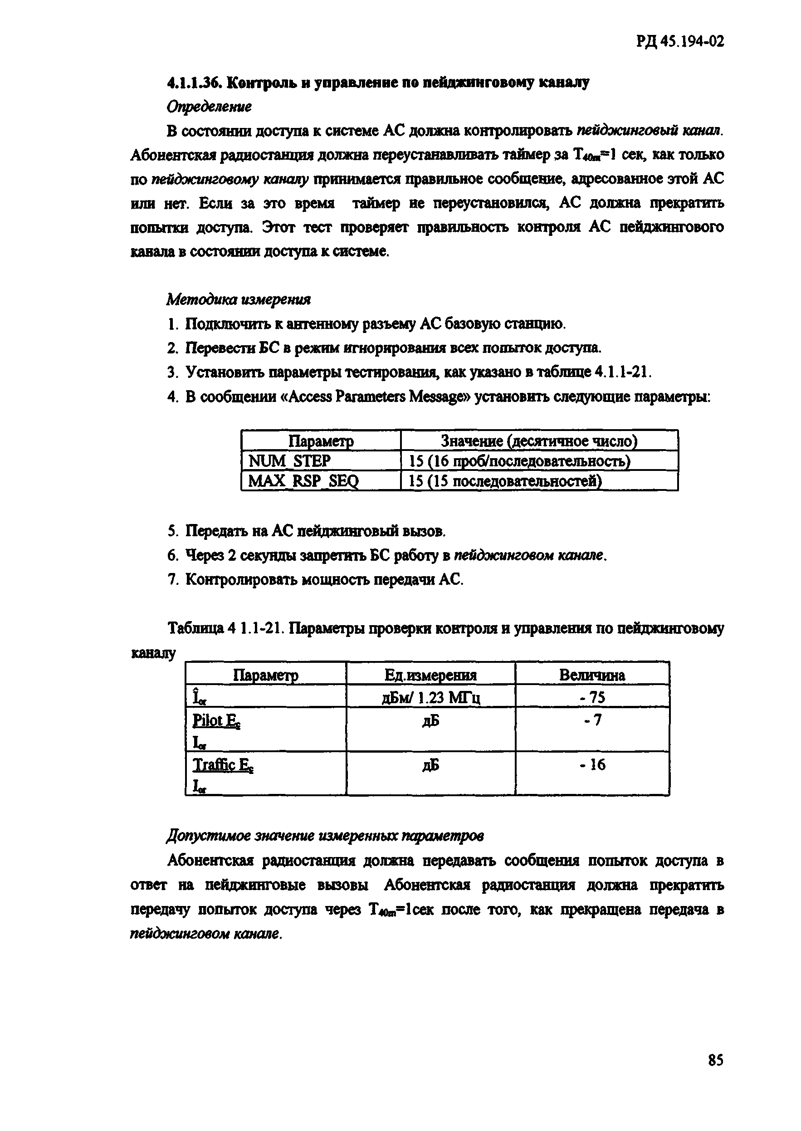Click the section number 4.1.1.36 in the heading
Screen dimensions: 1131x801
tap(195, 83)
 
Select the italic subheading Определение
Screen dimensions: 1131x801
tap(209, 107)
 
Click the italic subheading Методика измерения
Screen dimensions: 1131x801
tap(239, 299)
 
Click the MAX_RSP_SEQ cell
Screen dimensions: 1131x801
tap(303, 481)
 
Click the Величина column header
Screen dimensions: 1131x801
tap(592, 675)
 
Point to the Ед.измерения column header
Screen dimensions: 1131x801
tap(430, 675)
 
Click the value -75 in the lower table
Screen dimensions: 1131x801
tap(592, 697)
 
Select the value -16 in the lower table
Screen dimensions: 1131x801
tap(592, 765)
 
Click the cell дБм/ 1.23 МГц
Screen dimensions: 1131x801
tap(430, 697)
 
